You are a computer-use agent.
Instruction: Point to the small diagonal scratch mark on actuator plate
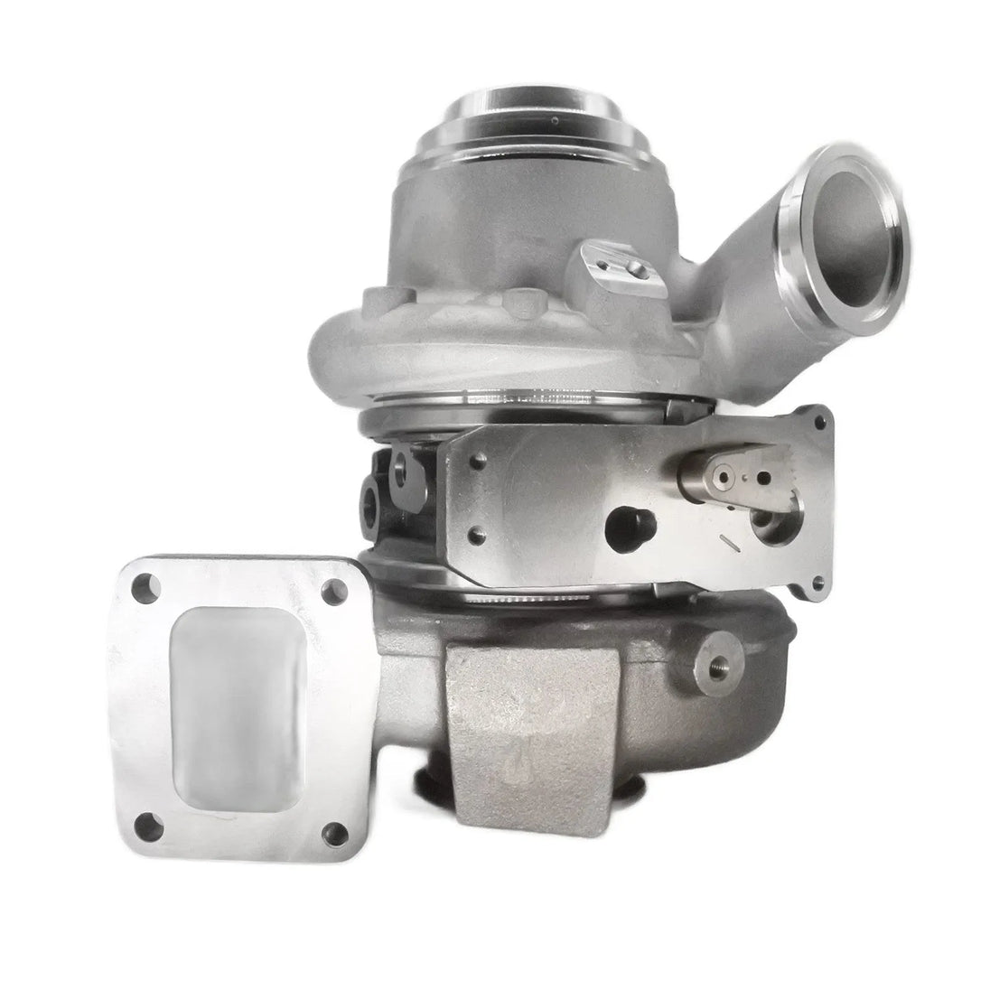coord(726,540)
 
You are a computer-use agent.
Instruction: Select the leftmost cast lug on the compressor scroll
coord(373,299)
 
